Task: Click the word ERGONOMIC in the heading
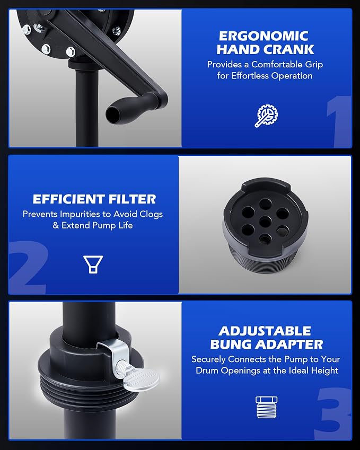(264, 36)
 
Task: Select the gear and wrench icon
(267, 116)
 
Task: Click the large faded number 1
(339, 121)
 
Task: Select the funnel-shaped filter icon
(93, 264)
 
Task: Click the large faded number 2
(28, 267)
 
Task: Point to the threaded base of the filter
(264, 258)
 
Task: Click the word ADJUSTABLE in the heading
(265, 331)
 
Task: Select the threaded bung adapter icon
(266, 407)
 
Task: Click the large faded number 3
(333, 413)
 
